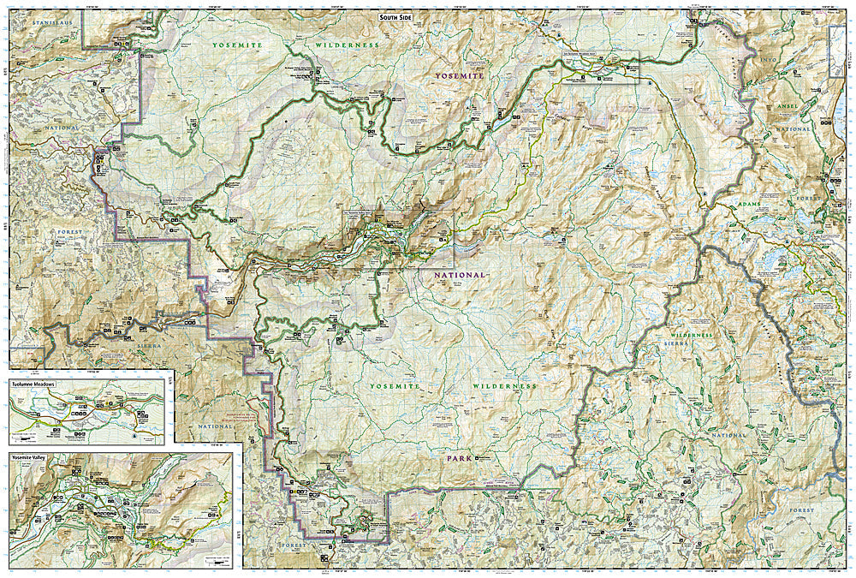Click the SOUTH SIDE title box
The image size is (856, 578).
[x=401, y=17]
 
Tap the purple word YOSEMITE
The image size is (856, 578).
[x=459, y=75]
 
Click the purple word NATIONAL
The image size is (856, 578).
[x=460, y=275]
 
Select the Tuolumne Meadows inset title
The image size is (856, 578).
[x=33, y=384]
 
